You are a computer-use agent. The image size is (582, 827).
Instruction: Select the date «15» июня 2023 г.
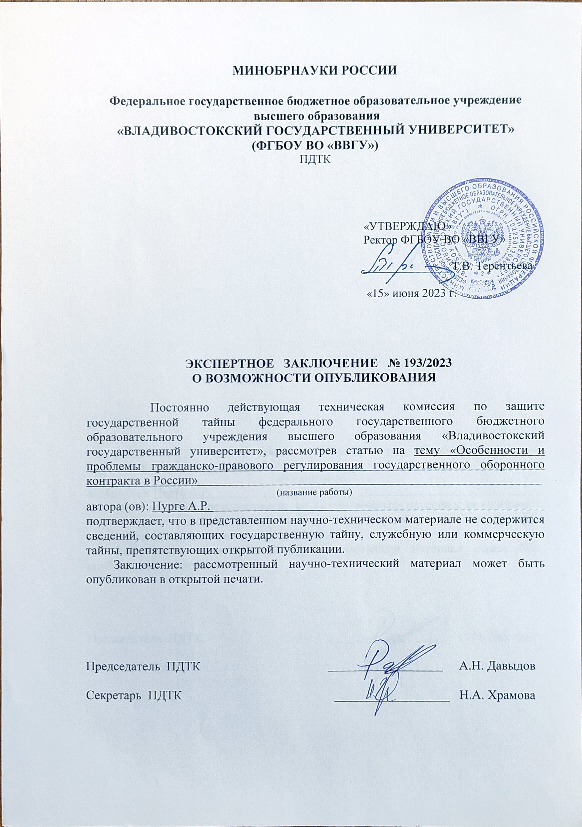click(411, 293)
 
